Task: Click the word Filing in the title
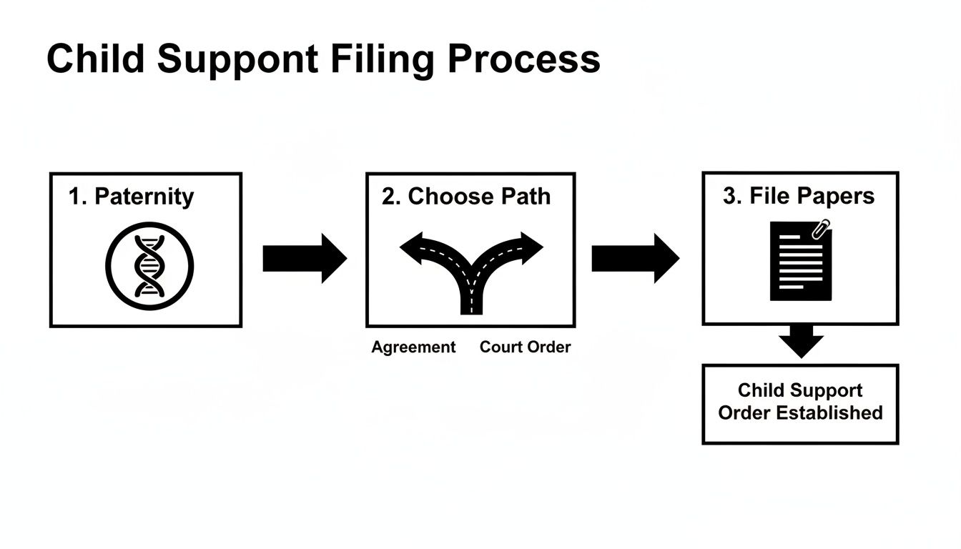click(382, 59)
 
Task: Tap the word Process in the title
click(524, 59)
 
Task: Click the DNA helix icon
click(149, 265)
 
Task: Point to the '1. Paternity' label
click(131, 196)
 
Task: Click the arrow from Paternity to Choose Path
click(304, 258)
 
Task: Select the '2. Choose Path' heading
click(466, 197)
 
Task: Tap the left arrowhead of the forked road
click(413, 247)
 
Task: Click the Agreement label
click(413, 347)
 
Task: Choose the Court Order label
click(525, 347)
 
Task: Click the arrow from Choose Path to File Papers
click(634, 258)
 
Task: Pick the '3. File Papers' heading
click(799, 196)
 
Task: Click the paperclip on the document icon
click(822, 229)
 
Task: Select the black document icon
click(800, 262)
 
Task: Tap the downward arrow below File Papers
click(801, 341)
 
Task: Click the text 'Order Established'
click(800, 413)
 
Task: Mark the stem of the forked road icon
click(471, 297)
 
